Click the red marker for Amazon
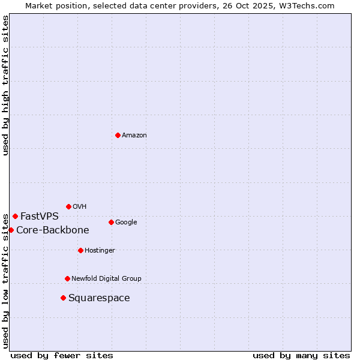point(118,135)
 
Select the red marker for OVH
point(68,206)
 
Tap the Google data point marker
point(111,222)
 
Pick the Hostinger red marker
point(80,250)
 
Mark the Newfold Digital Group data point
point(67,278)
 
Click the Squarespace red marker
point(63,298)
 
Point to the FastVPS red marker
point(15,216)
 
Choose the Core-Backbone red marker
point(11,230)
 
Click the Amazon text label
point(134,136)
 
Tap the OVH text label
point(80,207)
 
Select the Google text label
point(126,223)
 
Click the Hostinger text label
point(100,251)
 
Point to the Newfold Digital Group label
point(106,279)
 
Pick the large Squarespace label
point(99,298)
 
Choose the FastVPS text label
point(40,217)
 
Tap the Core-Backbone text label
point(53,230)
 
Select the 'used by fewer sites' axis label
point(62,355)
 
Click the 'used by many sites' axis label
point(301,355)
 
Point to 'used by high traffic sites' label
point(5,86)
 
